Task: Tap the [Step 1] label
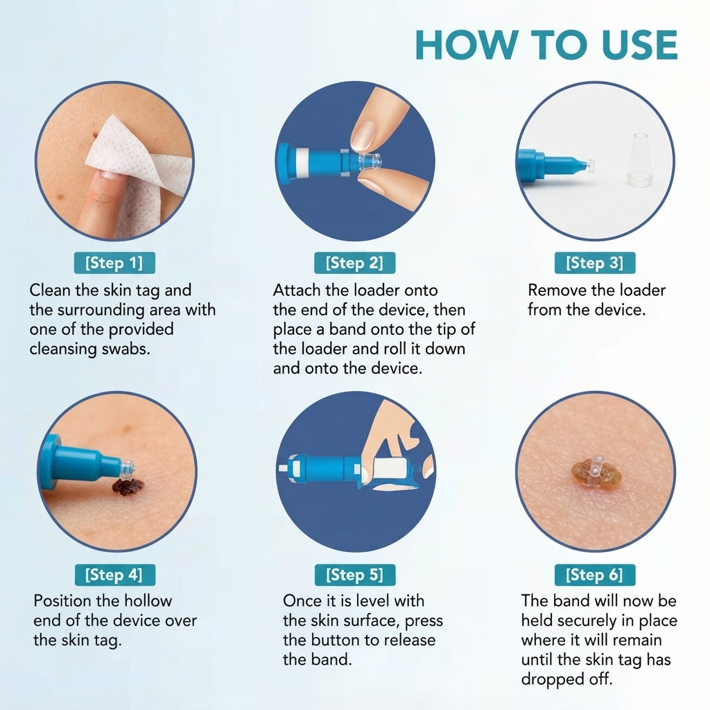click(114, 263)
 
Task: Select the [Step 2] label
click(354, 263)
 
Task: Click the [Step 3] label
click(594, 263)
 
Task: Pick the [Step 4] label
click(114, 575)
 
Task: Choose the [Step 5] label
click(355, 575)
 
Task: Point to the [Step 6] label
click(594, 575)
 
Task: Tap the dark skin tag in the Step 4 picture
click(128, 486)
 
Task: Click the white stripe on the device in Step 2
click(302, 161)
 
